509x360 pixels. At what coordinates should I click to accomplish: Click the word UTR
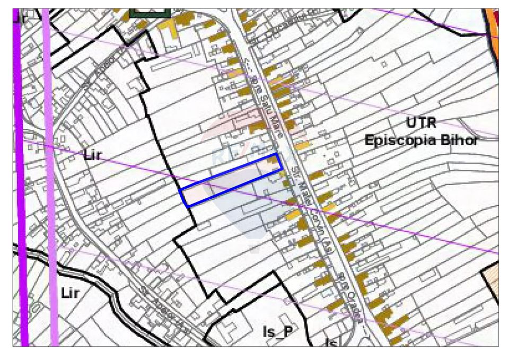[422, 124]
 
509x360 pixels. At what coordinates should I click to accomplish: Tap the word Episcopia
[403, 141]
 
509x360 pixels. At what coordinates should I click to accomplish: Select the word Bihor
[461, 141]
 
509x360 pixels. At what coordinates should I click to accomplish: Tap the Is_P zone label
[277, 332]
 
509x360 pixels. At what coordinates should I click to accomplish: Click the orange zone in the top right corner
[494, 21]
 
